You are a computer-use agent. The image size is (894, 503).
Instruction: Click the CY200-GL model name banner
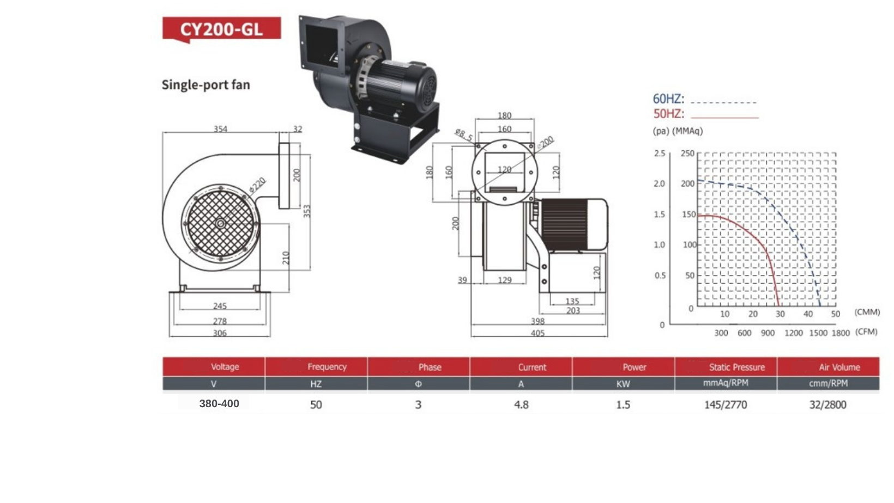(x=221, y=29)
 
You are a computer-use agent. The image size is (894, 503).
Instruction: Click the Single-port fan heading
(x=206, y=85)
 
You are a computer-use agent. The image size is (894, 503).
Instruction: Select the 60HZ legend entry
(x=668, y=99)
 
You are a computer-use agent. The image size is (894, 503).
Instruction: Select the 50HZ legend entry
(x=668, y=114)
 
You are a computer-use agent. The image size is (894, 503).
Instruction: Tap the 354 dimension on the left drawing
(x=220, y=129)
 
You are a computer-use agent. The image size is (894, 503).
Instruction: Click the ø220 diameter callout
(x=257, y=185)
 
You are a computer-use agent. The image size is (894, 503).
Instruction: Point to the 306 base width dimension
(x=220, y=333)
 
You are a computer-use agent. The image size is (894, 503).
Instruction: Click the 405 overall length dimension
(x=537, y=333)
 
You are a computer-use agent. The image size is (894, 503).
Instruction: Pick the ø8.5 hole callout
(x=463, y=134)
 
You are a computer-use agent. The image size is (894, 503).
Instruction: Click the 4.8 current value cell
(x=521, y=404)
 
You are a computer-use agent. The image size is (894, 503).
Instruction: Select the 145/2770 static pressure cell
(x=726, y=404)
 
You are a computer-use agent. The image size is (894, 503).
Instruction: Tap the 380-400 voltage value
(x=219, y=403)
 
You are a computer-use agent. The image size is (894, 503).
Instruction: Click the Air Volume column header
(x=839, y=367)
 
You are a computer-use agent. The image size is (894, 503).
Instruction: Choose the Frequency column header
(x=327, y=367)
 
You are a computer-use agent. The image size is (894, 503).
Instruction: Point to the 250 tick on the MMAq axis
(x=687, y=154)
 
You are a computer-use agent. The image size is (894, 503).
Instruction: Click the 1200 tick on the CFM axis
(x=793, y=333)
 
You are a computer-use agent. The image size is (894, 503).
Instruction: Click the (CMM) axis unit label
(x=867, y=312)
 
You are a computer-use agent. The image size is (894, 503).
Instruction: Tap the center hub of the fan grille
(x=220, y=224)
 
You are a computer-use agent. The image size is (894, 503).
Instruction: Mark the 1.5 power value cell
(x=623, y=404)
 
